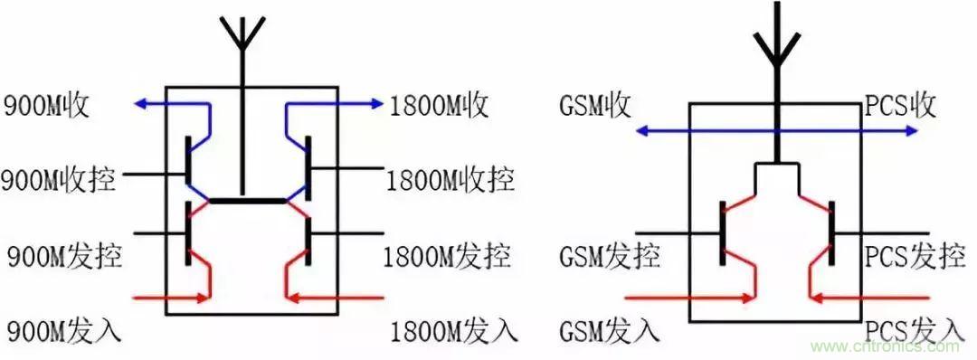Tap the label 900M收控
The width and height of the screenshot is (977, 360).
coord(59,180)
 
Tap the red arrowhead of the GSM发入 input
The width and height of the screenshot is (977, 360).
coord(750,296)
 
